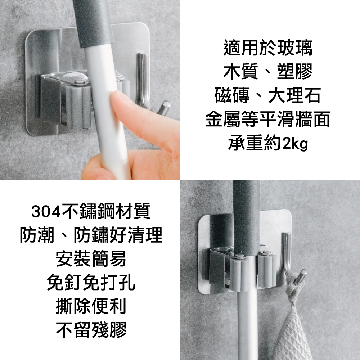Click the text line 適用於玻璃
[268, 48]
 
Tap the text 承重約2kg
[268, 143]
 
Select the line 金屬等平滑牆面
[268, 119]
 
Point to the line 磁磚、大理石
[268, 95]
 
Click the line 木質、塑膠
[268, 71]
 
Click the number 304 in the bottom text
[46, 212]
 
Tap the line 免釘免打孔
[91, 282]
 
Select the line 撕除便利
[91, 306]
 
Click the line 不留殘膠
[91, 330]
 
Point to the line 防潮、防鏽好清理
[91, 234]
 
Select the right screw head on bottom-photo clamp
[267, 253]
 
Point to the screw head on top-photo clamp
[79, 80]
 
